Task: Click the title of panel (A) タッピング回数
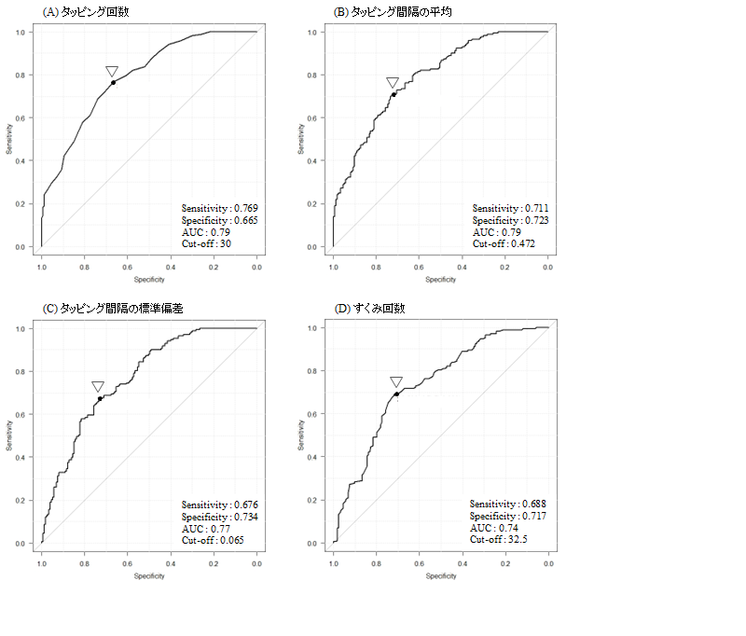click(x=86, y=12)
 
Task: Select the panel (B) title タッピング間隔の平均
click(x=393, y=12)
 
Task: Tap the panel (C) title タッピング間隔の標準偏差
click(x=113, y=309)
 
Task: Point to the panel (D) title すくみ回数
click(x=369, y=309)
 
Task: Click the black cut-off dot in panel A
click(x=113, y=83)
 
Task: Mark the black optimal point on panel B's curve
click(x=394, y=95)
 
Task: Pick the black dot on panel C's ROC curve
click(x=100, y=398)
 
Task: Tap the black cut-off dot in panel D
click(x=396, y=394)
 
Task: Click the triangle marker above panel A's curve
click(x=112, y=71)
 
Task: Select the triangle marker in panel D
click(x=396, y=381)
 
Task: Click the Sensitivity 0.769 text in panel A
click(x=220, y=208)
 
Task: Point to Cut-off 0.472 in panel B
click(x=504, y=243)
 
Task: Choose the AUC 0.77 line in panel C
click(x=205, y=529)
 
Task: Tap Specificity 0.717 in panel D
click(x=507, y=516)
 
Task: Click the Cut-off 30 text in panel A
click(x=206, y=243)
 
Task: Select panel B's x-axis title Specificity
click(x=440, y=279)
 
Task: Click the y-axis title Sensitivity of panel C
click(x=9, y=436)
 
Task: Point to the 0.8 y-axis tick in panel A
click(x=21, y=76)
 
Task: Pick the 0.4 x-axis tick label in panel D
click(x=462, y=563)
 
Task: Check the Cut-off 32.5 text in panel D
click(x=499, y=539)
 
